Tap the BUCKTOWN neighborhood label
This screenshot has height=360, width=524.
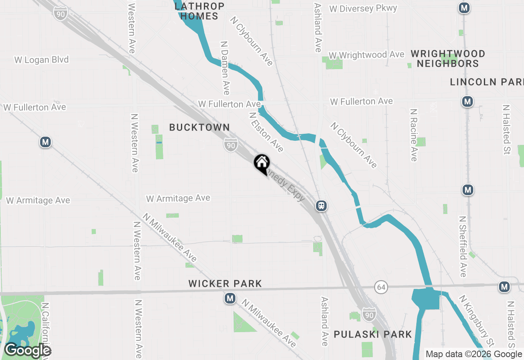199,127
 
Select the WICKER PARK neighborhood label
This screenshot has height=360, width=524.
225,283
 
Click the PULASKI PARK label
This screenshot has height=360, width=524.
373,335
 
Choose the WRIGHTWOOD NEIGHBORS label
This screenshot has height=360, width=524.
448,59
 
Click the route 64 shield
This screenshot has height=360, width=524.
381,288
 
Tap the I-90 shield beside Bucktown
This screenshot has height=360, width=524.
230,145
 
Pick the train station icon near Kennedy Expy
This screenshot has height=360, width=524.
321,205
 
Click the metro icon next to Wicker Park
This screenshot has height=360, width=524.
230,299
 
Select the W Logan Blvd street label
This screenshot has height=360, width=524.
41,60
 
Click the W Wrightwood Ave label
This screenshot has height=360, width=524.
366,55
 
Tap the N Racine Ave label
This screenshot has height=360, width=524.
414,135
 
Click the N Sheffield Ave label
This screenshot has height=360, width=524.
462,246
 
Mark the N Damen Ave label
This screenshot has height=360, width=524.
225,67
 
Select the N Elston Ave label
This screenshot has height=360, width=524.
266,132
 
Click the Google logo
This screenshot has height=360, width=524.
27,350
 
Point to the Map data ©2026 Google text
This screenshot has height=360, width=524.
474,354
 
